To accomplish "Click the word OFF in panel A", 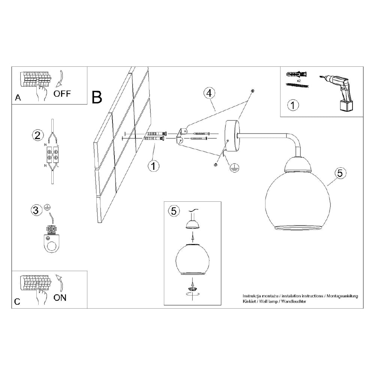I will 62,94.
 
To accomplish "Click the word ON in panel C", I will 60,298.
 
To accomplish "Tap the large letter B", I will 97,97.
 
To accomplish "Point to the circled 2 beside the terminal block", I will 36,135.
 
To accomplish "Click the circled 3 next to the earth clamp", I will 36,210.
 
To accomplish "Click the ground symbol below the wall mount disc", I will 235,168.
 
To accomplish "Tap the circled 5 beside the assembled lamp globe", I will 340,173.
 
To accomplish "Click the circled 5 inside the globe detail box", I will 173,211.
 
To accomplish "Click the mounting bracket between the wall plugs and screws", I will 180,135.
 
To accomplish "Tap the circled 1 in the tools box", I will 293,105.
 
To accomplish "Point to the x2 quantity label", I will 299,81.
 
